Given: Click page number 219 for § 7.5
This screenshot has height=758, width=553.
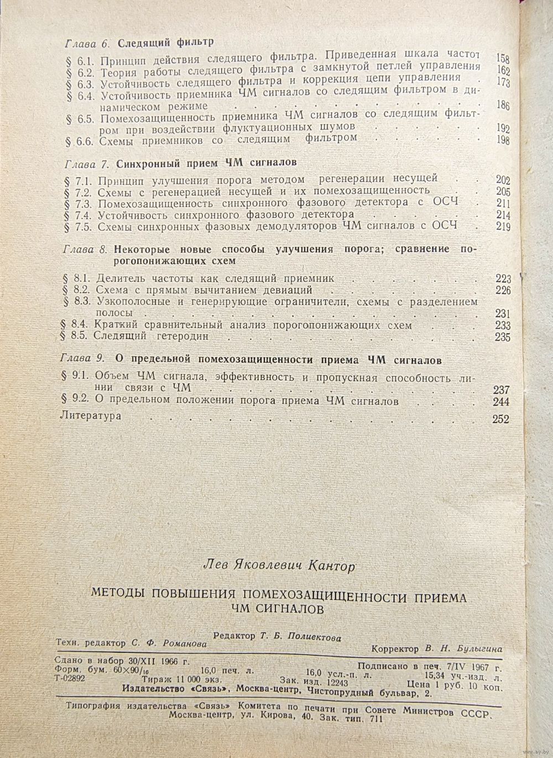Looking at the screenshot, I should [502, 227].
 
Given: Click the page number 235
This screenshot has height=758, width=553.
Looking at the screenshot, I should [502, 337].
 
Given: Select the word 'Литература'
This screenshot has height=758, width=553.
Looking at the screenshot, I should [90, 416].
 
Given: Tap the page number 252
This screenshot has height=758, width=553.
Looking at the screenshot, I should [500, 419].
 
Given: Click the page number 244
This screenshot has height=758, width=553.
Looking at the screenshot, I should [501, 402].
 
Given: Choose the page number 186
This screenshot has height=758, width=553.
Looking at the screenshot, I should [502, 105].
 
